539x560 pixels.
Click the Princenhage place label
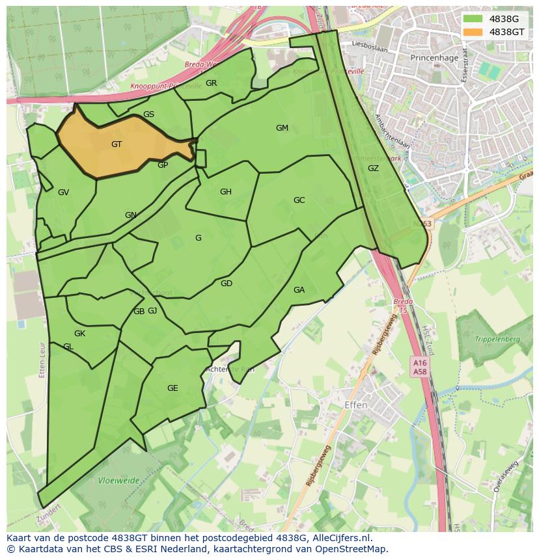(434, 57)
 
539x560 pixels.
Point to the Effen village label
(355, 405)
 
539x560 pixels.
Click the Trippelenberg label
(497, 340)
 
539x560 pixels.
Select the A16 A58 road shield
(419, 366)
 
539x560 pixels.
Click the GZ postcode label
(373, 168)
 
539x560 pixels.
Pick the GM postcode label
(282, 128)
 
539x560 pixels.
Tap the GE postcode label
(173, 388)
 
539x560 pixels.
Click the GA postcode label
(299, 290)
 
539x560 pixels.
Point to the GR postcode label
(211, 83)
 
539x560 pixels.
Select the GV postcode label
(63, 193)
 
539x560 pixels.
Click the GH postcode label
(226, 192)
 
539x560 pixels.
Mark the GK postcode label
(79, 334)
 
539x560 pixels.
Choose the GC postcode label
(299, 200)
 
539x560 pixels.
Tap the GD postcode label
(226, 284)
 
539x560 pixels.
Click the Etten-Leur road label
(42, 360)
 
